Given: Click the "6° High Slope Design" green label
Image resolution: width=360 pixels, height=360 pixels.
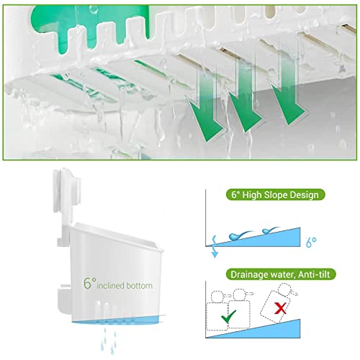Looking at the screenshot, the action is coord(276,194).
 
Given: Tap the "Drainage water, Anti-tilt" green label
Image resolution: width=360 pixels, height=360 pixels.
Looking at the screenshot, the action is coord(281,274).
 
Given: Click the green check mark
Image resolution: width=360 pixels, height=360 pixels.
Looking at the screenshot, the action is coord(228,317).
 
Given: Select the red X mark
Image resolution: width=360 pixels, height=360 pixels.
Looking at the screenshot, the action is coord(280,308).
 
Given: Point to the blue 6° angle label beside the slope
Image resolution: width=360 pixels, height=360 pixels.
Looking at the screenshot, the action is coord(311,242).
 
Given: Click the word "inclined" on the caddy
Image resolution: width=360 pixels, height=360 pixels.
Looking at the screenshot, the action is coord(110,286).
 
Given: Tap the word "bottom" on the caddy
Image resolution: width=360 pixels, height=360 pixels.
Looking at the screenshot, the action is coord(140,286).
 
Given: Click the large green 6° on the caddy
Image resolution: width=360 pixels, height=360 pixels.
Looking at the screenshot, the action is coord(89,283).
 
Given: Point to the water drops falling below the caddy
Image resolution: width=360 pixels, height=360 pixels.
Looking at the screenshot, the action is coord(109,341).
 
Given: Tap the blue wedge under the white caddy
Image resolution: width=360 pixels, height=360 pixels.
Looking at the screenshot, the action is coord(117,320).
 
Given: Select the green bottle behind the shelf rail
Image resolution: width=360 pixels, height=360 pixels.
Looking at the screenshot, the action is coord(90,27).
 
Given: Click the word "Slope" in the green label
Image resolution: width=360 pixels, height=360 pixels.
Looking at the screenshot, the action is coord(276,195).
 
